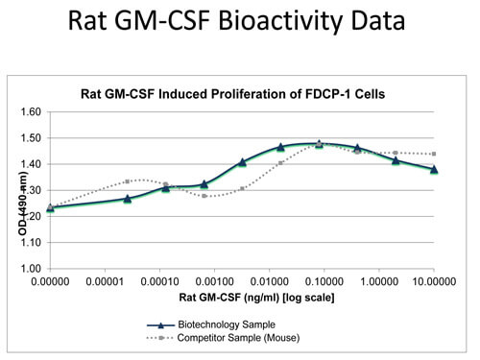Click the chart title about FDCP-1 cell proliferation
[x=232, y=94]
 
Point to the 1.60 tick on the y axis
[x=31, y=111]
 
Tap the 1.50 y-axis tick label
[x=31, y=138]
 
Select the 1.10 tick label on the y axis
[x=31, y=242]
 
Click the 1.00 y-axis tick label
[x=31, y=268]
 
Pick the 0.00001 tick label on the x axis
[x=105, y=281]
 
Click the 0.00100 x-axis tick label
[x=214, y=281]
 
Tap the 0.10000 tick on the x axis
[x=324, y=281]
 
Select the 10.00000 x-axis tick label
[x=434, y=281]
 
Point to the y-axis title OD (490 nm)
[x=22, y=204]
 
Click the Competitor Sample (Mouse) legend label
[x=238, y=338]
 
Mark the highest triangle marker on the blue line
[x=319, y=144]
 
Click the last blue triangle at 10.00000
[x=434, y=169]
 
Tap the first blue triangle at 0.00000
[x=50, y=207]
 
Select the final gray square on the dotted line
[x=434, y=154]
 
